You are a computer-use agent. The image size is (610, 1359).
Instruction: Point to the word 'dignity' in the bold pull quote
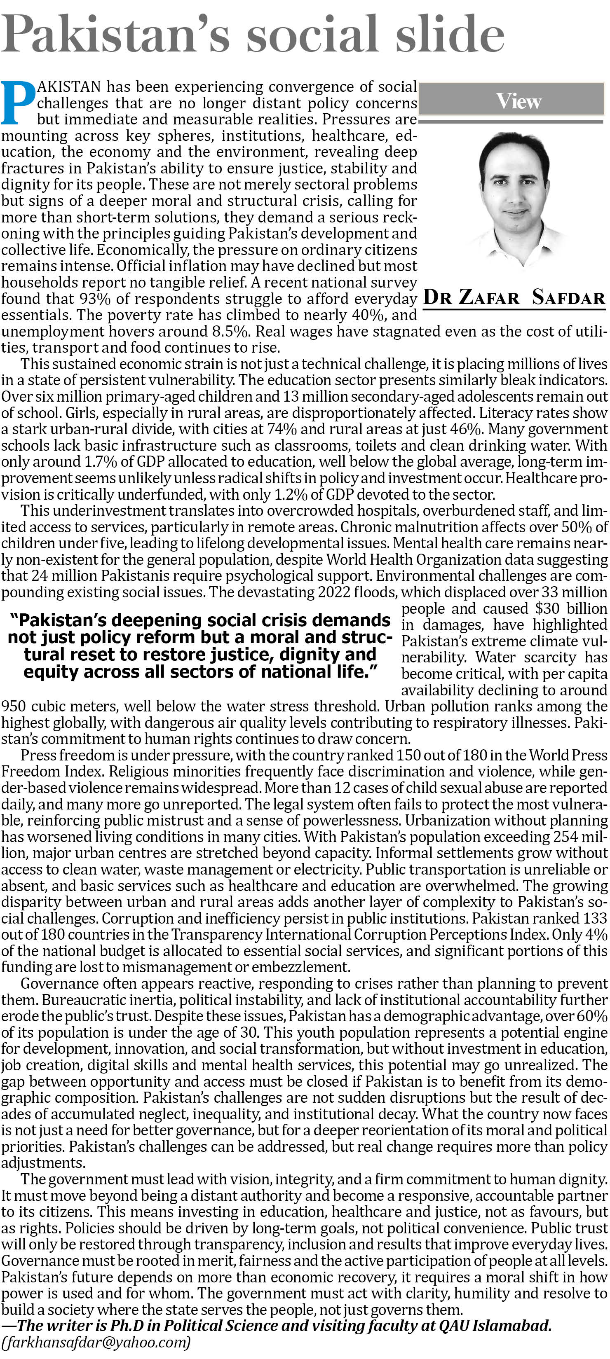(x=315, y=655)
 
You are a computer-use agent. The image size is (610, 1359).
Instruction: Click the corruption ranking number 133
(x=595, y=919)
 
